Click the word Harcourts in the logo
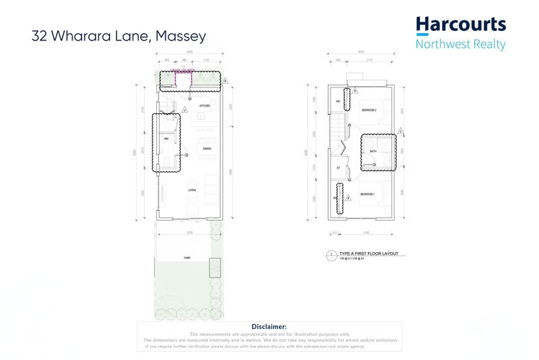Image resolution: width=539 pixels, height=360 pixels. click(x=461, y=26)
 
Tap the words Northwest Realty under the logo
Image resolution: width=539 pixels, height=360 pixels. click(x=461, y=45)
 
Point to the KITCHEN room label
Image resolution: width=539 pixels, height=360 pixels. click(x=204, y=106)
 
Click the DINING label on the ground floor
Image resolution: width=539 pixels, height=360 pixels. click(x=208, y=148)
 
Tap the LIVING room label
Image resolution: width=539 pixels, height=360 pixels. click(x=193, y=191)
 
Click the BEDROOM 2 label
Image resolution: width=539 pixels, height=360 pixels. click(x=368, y=109)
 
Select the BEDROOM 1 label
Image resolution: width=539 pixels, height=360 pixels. click(x=367, y=193)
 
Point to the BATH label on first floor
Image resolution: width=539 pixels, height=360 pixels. click(x=373, y=151)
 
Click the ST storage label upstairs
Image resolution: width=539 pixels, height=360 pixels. click(x=338, y=167)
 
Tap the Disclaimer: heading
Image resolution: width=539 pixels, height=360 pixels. click(x=269, y=326)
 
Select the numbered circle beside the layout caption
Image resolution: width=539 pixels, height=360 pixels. click(x=331, y=255)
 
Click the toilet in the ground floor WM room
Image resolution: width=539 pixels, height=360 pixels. click(x=166, y=160)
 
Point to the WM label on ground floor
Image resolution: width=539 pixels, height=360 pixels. click(x=166, y=139)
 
